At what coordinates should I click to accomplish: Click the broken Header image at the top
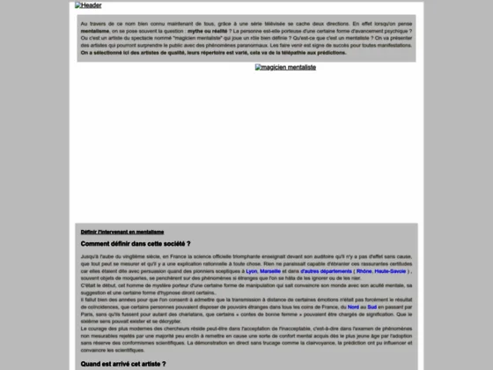click(x=88, y=5)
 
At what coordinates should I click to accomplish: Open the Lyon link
click(x=251, y=271)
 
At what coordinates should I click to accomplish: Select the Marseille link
click(x=271, y=271)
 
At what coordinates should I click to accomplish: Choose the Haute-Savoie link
click(x=394, y=271)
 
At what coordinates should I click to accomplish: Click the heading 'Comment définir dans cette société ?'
click(x=136, y=243)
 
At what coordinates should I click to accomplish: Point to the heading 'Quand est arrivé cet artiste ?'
click(x=122, y=363)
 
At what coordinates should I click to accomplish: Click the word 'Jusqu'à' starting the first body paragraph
click(x=89, y=254)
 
